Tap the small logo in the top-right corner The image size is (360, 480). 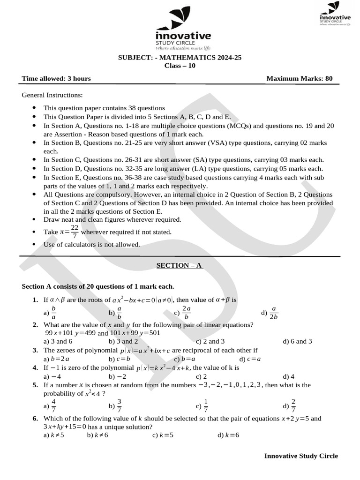pos(335,14)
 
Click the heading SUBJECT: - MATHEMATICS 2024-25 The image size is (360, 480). pos(180,58)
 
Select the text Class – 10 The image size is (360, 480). pos(180,66)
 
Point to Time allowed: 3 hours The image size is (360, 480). pos(56,78)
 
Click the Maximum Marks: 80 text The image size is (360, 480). pos(300,78)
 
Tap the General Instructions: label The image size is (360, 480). pos(52,95)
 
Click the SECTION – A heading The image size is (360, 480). pos(180,265)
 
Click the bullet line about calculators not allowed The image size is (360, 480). pos(92,244)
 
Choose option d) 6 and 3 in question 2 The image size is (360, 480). pos(297,341)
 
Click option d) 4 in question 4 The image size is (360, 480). pos(288,376)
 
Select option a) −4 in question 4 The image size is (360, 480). pos(52,376)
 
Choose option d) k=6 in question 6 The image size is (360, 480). pos(228,435)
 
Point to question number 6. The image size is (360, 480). pos(35,418)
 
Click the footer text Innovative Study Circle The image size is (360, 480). pos(301,456)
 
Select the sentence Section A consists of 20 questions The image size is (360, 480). pos(98,286)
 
